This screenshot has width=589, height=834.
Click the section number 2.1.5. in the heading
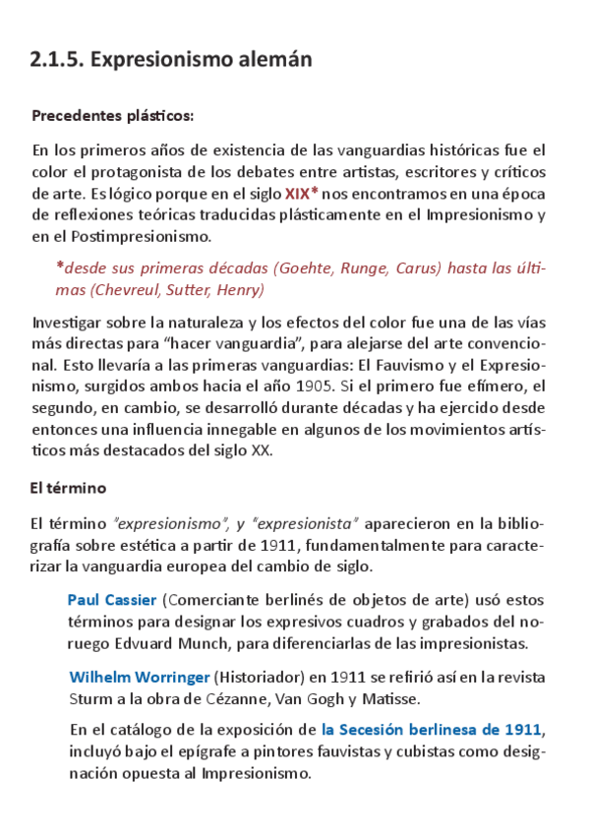click(57, 60)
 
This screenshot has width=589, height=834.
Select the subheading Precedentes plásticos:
click(113, 116)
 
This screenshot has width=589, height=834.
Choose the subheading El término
click(68, 488)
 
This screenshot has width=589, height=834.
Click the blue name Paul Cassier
click(112, 600)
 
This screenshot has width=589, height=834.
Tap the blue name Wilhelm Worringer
click(140, 678)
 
